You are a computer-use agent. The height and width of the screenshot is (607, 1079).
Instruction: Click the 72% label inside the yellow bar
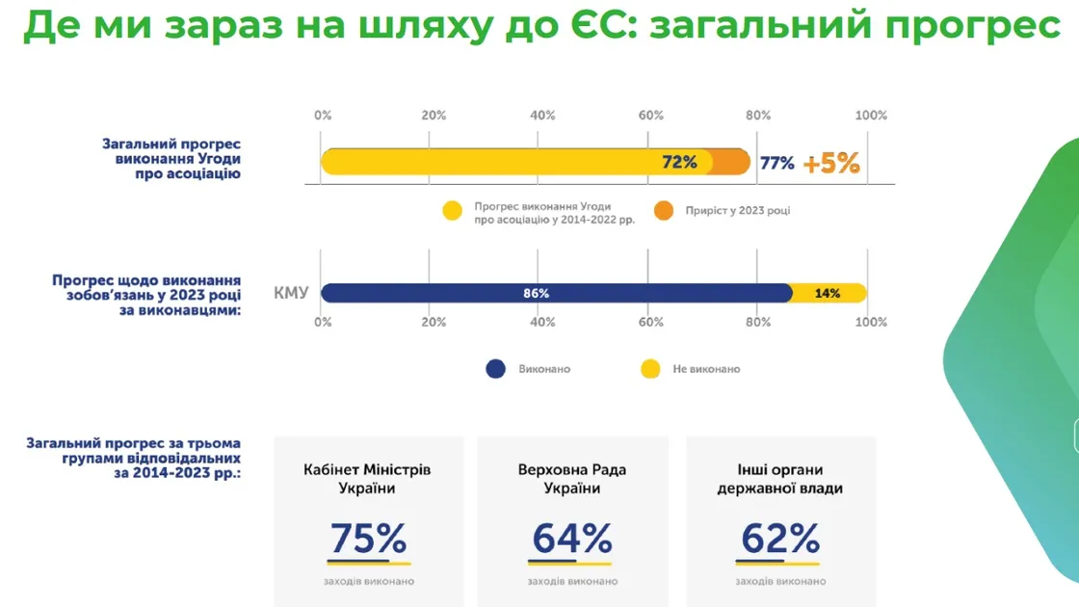click(x=679, y=163)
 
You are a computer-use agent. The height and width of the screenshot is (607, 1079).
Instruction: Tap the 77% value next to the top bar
click(x=776, y=163)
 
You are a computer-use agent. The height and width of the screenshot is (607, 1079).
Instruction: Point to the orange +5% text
click(x=831, y=163)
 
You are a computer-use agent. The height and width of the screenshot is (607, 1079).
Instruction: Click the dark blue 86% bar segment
click(x=557, y=293)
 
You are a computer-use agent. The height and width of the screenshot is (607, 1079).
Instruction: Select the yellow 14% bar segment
click(x=829, y=293)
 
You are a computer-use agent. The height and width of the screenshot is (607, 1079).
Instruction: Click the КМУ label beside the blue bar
click(x=291, y=293)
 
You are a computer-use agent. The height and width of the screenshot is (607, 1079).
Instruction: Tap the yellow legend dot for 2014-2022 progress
click(x=452, y=211)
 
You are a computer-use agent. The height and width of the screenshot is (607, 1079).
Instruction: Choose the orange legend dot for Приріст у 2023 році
click(x=664, y=211)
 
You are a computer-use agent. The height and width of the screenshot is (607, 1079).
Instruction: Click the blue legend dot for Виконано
click(x=495, y=369)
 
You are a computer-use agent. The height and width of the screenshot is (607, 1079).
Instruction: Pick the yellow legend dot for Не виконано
click(x=650, y=369)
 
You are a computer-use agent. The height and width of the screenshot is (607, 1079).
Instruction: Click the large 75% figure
click(x=368, y=539)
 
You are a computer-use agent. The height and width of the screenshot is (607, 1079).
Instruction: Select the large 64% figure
click(x=572, y=539)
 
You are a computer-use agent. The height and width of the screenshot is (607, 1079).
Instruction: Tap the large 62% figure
click(x=780, y=539)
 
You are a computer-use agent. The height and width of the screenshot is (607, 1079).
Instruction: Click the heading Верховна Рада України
click(x=572, y=479)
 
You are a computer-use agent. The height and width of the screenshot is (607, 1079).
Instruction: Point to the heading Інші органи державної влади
click(x=779, y=479)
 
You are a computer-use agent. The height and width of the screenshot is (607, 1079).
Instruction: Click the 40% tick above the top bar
click(x=542, y=116)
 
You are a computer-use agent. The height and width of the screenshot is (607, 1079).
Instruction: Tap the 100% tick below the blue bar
click(x=871, y=322)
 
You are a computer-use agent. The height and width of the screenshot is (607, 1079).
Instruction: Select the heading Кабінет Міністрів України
click(x=367, y=479)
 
